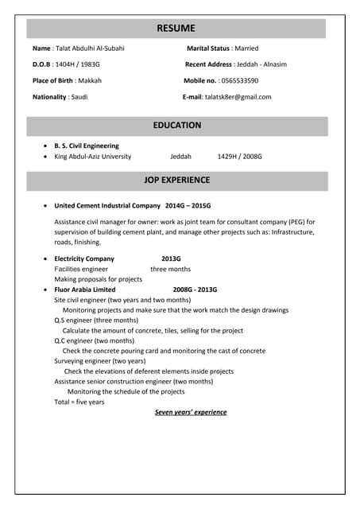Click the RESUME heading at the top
[176, 29]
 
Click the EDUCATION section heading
[176, 126]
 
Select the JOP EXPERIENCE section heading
[176, 181]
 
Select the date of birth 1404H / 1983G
[78, 64]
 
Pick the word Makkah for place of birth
[90, 80]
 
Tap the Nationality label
[49, 97]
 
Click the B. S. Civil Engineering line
[86, 146]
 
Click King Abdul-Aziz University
[92, 157]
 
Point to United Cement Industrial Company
[107, 205]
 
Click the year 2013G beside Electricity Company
[171, 258]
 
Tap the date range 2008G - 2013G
[195, 289]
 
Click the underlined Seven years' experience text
[191, 412]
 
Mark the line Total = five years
[79, 402]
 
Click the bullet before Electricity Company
[45, 259]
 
